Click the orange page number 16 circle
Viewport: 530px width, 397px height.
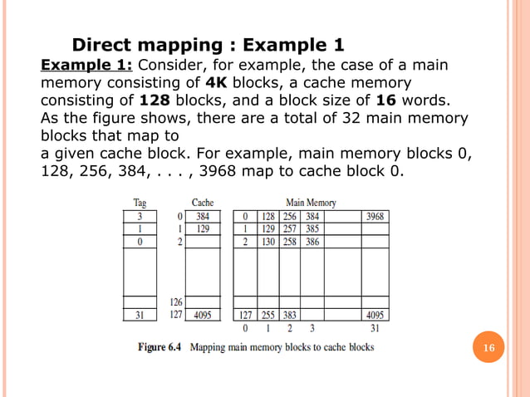pos(488,348)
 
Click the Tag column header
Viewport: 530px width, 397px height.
pos(142,202)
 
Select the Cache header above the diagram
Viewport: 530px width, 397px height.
pos(203,202)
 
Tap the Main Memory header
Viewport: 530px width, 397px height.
pos(311,202)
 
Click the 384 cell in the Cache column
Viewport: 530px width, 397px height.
pos(202,216)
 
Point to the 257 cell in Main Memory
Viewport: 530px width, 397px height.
pos(289,228)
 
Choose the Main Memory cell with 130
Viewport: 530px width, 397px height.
pos(267,241)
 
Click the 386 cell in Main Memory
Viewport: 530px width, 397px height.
pos(311,241)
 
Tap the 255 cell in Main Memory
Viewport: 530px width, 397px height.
pos(267,315)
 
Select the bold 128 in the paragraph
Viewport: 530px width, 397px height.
pos(121,100)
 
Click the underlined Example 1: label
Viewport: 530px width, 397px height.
pos(87,66)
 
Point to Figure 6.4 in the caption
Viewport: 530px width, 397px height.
pos(160,346)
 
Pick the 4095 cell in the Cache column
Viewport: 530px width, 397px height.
pos(202,315)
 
